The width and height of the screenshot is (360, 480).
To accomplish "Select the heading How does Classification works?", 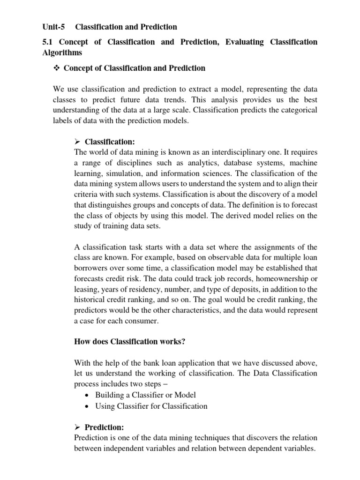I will (x=130, y=341).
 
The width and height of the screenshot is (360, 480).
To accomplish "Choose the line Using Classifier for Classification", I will (x=151, y=406).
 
